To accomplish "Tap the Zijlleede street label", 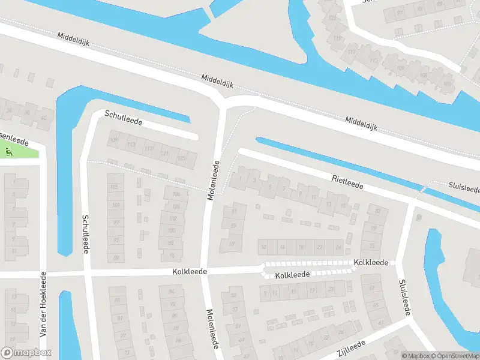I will point(352,346).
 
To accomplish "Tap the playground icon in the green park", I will point(7,151).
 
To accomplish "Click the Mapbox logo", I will point(26,353).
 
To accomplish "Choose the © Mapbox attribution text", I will point(416,356).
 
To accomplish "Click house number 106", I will point(175,194).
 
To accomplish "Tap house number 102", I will point(173,218).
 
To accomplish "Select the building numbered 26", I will point(338,247).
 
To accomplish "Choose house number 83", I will point(233,226).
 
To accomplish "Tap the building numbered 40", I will point(43,118).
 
